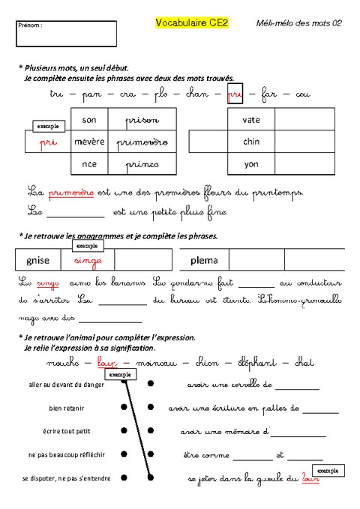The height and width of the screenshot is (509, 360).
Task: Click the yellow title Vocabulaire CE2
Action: [x=191, y=23]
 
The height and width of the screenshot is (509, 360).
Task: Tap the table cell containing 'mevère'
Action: [x=89, y=142]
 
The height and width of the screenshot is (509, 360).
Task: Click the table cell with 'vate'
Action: [x=250, y=120]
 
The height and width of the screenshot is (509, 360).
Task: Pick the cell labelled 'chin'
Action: [x=250, y=142]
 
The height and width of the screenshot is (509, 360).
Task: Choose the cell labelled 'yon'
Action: [x=250, y=163]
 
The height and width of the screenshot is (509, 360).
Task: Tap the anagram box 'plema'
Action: [x=204, y=260]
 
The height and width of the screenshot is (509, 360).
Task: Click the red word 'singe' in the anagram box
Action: [x=88, y=260]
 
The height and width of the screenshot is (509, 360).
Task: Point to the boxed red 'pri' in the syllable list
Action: [x=235, y=94]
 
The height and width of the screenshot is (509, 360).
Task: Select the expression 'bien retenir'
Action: [x=66, y=408]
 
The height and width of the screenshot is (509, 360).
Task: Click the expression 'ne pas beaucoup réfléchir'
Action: [x=66, y=454]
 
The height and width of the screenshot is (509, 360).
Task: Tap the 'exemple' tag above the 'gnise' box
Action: [x=86, y=246]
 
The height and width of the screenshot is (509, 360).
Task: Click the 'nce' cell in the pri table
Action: [x=89, y=163]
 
